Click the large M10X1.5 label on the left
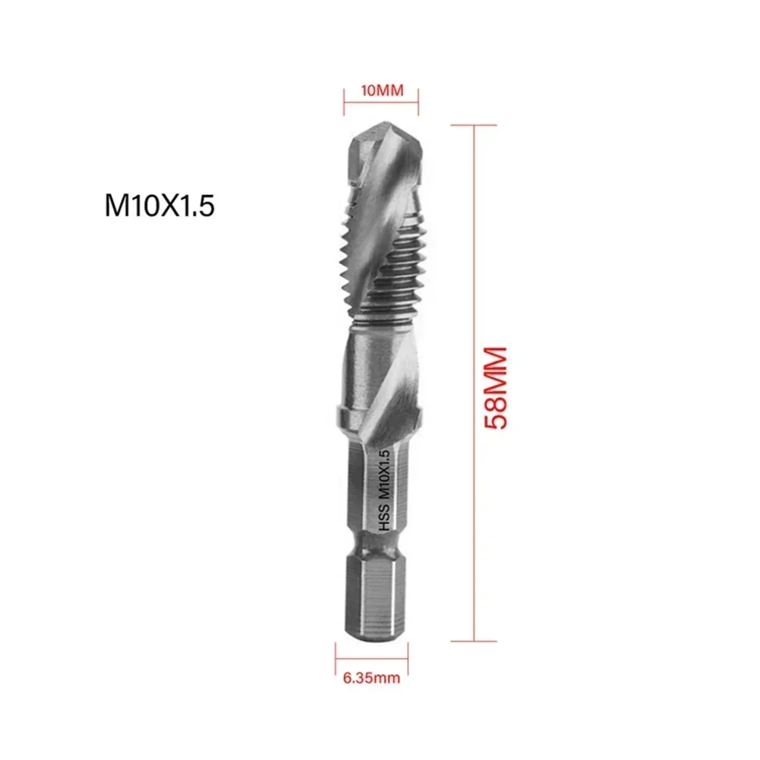point(160,207)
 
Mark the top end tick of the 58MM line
point(475,125)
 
